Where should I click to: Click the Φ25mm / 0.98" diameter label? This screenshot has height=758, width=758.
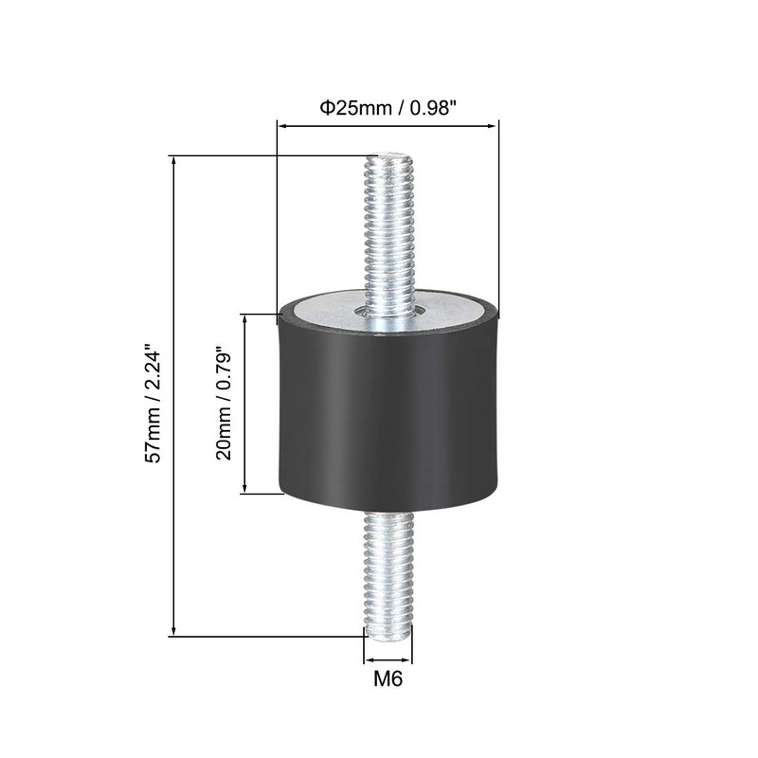point(388,108)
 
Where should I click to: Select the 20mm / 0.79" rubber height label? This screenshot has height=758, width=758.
point(224,403)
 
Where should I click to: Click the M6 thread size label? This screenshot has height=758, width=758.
point(388,678)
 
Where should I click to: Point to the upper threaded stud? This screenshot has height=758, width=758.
point(388,237)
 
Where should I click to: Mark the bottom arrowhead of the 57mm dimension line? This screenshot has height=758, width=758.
point(173,631)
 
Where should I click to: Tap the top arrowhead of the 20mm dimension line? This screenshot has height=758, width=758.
point(245,319)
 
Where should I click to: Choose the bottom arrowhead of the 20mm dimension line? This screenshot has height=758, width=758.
point(245,489)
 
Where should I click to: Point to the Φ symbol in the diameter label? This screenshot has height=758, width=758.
point(323,108)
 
